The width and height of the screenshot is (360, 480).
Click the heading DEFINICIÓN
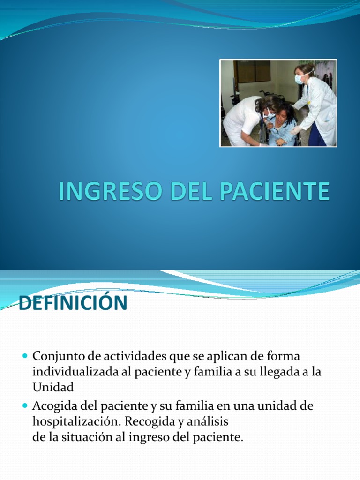[73, 303]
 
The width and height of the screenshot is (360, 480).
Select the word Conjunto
[57, 357]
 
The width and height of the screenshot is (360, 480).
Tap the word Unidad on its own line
[53, 388]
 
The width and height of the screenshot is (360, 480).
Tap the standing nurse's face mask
[300, 79]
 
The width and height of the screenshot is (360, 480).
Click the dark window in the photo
[253, 71]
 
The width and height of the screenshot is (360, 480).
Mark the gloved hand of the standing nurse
[294, 130]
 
